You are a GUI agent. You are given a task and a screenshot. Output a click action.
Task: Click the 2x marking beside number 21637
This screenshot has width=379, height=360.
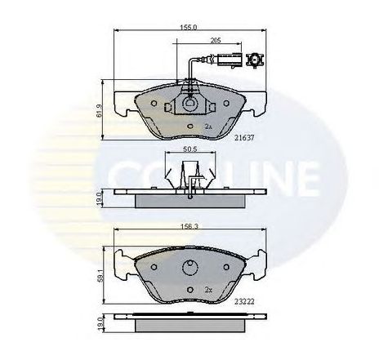(x=208, y=127)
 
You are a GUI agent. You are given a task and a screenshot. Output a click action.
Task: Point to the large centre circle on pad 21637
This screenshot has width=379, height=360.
(x=189, y=104)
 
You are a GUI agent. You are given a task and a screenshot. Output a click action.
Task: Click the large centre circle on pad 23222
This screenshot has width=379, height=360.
(x=189, y=267)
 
